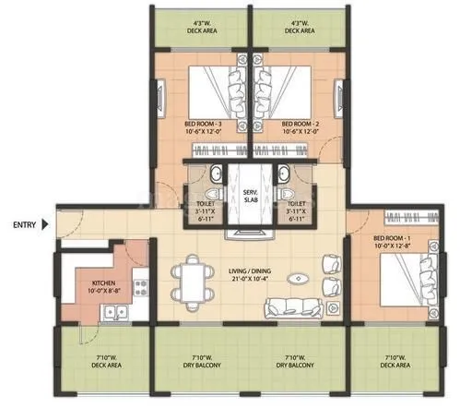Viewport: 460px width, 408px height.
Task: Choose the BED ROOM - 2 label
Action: click(300, 122)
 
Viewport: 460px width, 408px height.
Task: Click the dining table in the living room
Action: click(191, 278)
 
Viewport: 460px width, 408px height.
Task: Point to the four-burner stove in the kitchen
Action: click(140, 284)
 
